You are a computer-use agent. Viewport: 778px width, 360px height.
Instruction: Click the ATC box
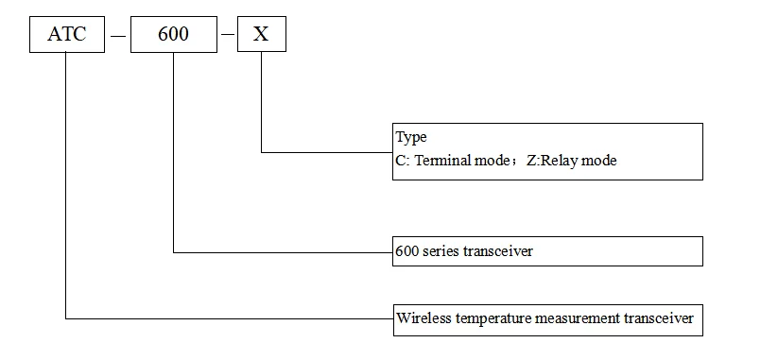65,35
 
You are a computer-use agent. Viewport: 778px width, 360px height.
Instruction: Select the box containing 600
174,35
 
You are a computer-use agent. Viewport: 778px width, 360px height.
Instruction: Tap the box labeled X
261,35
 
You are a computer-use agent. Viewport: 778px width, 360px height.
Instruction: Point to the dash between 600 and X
228,37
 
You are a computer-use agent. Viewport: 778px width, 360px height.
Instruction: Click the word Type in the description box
411,138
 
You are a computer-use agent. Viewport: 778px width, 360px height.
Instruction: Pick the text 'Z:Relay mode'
571,161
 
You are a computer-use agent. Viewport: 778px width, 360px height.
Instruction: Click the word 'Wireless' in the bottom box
423,318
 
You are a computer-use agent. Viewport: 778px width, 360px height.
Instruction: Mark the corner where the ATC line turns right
65,318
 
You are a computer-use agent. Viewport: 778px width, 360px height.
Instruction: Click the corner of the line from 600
174,252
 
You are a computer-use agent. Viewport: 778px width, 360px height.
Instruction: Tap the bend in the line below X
261,151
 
